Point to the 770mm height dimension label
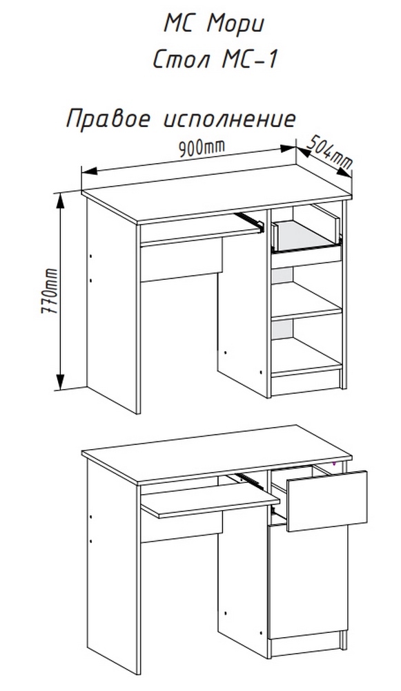pos(49,290)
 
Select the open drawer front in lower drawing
pos(326,500)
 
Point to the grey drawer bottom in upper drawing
pos(306,233)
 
